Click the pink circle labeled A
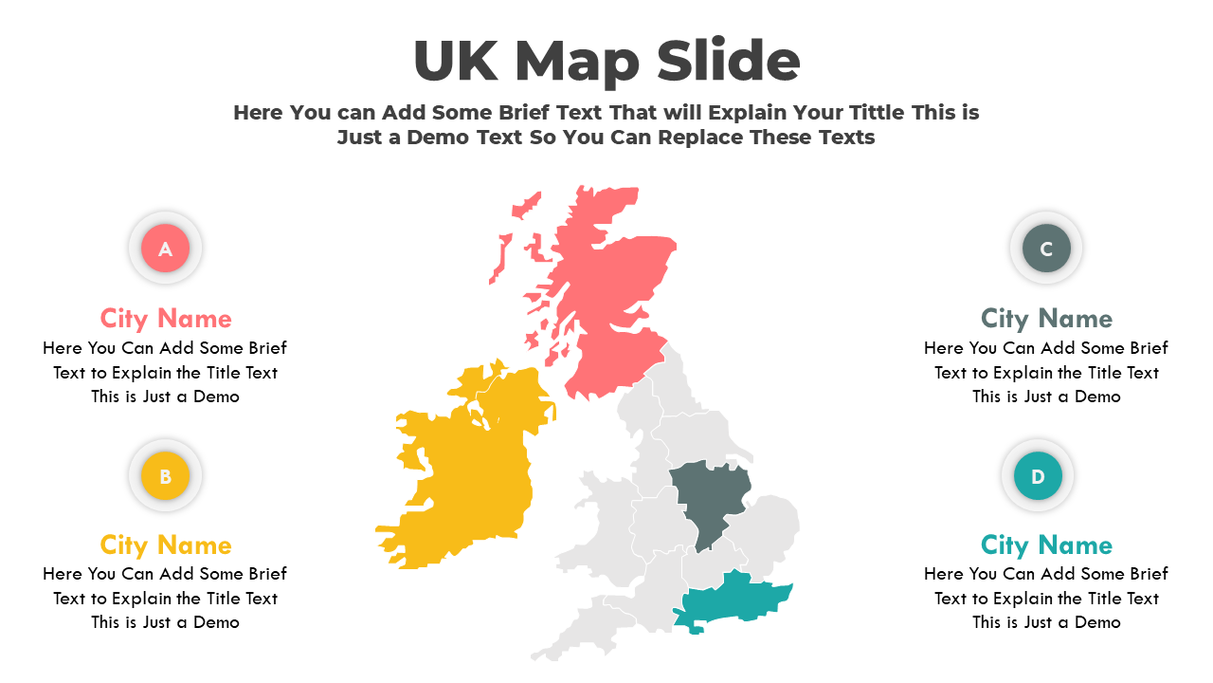coord(165,249)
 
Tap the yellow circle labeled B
coord(165,476)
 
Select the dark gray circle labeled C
coord(1046,249)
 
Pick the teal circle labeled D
coord(1038,476)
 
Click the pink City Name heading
coord(166,318)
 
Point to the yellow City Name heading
coord(166,545)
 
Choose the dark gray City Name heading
coord(1046,318)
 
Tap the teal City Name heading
coord(1046,545)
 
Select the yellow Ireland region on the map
coord(464,465)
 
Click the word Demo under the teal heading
coord(1097,622)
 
